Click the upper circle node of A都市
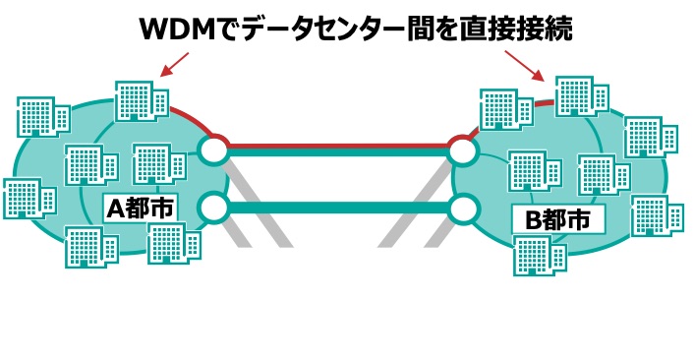click(x=213, y=150)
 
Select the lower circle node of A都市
click(x=213, y=208)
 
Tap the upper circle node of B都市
click(x=462, y=150)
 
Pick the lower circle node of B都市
click(x=462, y=208)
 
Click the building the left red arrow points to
click(x=138, y=99)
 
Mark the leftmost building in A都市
click(x=23, y=198)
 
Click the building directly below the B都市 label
click(x=540, y=257)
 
